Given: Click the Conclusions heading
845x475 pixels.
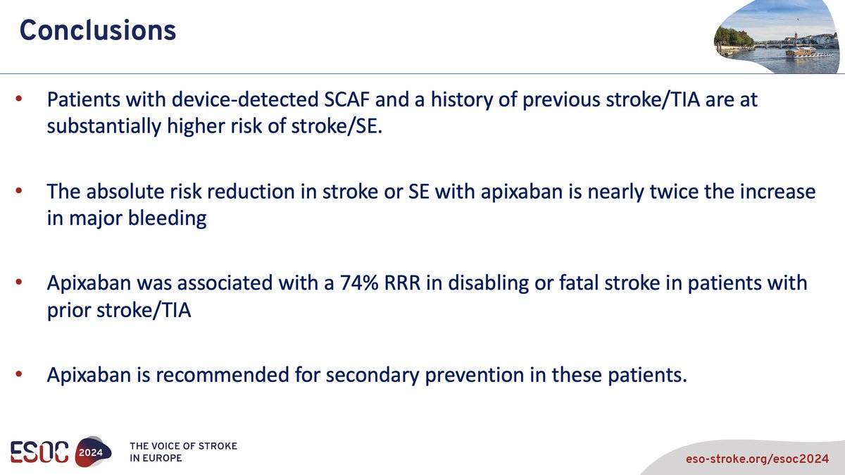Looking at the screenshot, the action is click(98, 30).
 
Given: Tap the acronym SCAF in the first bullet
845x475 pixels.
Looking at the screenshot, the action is click(346, 99).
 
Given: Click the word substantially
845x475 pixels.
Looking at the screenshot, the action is click(104, 126).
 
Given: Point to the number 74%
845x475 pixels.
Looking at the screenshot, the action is click(358, 283).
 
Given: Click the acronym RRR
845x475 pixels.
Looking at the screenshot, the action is click(402, 283).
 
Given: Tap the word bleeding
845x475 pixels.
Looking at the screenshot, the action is click(167, 218).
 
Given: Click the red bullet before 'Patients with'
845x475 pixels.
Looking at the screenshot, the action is click(19, 99).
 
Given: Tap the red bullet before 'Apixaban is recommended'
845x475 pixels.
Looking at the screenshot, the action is click(19, 374).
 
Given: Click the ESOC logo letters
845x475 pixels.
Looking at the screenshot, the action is click(39, 452).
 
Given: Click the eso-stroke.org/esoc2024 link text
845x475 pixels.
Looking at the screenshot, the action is click(757, 459).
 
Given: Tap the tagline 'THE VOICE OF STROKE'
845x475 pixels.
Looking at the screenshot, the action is click(183, 446).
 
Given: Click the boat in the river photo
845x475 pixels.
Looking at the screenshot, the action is click(801, 51).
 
